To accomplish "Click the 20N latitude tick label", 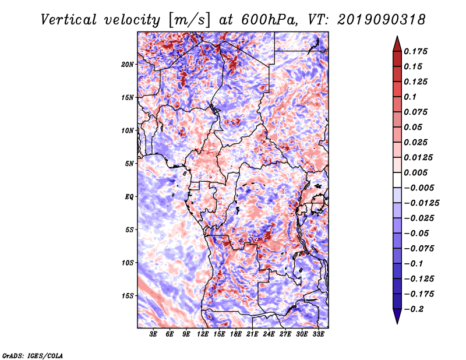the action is tap(128, 65).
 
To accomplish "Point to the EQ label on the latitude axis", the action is tap(129, 197).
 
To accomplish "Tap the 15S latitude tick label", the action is tap(128, 296).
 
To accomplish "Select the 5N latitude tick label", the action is tap(129, 164).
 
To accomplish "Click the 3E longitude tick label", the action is tap(153, 334).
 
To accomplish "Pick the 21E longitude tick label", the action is tap(252, 334).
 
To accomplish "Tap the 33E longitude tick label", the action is tap(318, 334).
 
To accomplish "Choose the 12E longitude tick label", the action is tap(203, 334).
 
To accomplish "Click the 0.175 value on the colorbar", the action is tap(416, 51).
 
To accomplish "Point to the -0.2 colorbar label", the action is tap(414, 309).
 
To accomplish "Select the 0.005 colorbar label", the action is tap(416, 172).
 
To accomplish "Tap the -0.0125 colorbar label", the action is tap(421, 203).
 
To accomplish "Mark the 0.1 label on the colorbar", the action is tap(410, 97).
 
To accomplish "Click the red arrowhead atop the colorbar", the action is tap(397, 44).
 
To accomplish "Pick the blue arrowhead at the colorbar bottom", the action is tap(397, 316).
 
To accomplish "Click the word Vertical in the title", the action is tap(69, 20).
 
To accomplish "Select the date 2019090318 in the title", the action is tap(382, 20).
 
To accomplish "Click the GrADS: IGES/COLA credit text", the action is tap(33, 356).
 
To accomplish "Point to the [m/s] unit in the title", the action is tap(189, 20).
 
